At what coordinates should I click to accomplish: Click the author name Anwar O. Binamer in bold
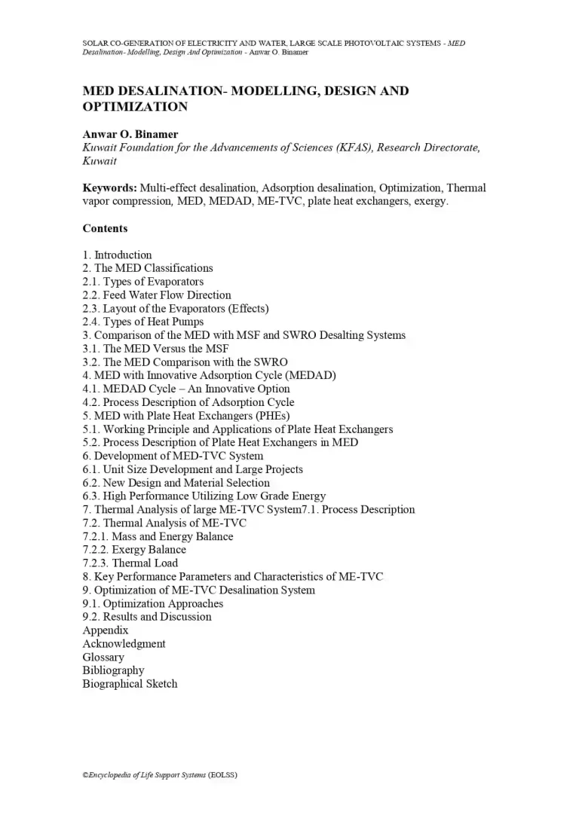coord(130,134)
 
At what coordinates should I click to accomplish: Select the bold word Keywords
coord(109,188)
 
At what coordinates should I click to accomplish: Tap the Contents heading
coord(105,228)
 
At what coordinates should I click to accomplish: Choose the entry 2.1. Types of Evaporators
coord(142,282)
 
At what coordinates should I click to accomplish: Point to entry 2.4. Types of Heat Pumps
coord(142,322)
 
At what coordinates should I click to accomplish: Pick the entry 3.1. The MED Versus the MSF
coord(155,349)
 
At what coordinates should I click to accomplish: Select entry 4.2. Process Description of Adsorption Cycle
coord(188,402)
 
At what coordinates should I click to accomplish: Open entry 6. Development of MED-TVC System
coord(173,456)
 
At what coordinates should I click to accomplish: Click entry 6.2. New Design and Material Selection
coord(176,483)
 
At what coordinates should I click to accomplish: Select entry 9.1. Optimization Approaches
coord(152,603)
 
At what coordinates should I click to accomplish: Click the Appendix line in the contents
coord(106,630)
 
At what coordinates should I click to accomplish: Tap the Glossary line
coord(103,657)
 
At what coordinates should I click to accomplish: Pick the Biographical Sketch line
coord(130,684)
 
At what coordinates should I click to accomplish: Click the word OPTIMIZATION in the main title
coord(135,107)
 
